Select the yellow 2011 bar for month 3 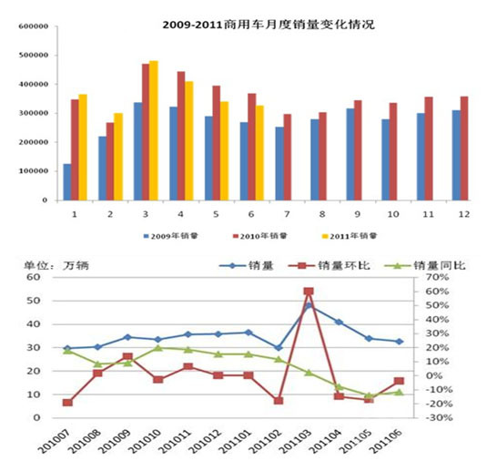coord(154,130)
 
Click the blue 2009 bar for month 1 coord(67,182)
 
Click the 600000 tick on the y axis coord(32,26)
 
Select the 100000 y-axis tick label coord(32,170)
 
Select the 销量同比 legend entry coord(425,265)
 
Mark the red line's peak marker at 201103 coord(309,292)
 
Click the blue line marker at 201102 coord(279,347)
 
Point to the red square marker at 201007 coord(67,403)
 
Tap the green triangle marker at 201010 coord(157,347)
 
